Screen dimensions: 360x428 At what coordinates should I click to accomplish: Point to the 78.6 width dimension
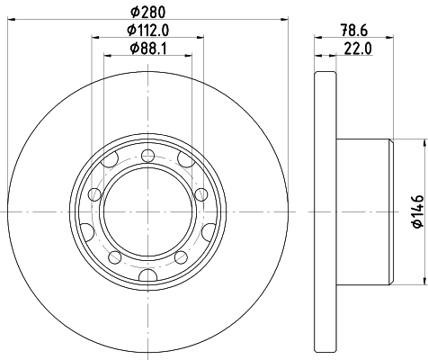pyautogui.click(x=353, y=30)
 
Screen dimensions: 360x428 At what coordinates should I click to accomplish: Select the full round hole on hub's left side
pyautogui.click(x=93, y=196)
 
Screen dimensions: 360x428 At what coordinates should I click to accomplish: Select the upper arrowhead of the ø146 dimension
pyautogui.click(x=422, y=142)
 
